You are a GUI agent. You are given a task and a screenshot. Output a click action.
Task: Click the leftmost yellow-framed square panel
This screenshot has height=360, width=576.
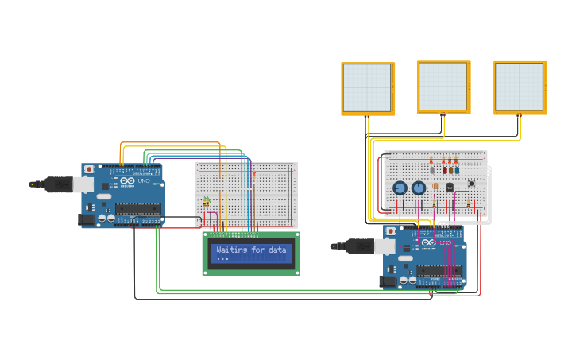point(367,87)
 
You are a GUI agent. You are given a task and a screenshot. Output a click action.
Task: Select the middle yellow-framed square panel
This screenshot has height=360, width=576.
point(443,87)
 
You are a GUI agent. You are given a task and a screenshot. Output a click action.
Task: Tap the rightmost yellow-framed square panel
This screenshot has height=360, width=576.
point(520,87)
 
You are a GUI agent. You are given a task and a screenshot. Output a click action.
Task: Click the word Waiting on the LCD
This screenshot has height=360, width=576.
point(230,250)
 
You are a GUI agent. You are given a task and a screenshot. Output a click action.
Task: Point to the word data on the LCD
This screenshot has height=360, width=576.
point(276,250)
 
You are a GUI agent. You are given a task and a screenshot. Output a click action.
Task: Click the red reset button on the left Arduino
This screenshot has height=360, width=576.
point(89,169)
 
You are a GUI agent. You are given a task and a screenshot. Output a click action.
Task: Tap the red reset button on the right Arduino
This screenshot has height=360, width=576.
point(390,231)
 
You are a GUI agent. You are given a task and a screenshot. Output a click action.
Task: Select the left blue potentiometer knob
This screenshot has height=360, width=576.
point(400,188)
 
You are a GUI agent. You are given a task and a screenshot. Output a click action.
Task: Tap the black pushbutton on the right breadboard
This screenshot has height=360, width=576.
point(471,183)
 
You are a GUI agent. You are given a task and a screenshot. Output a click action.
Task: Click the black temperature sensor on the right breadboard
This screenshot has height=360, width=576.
point(449,188)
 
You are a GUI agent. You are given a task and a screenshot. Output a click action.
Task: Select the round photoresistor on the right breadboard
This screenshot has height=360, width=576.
point(435,186)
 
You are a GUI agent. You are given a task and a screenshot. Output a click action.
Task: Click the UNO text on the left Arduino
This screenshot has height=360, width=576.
point(144,181)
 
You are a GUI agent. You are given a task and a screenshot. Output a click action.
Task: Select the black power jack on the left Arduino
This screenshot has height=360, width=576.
point(86,220)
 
